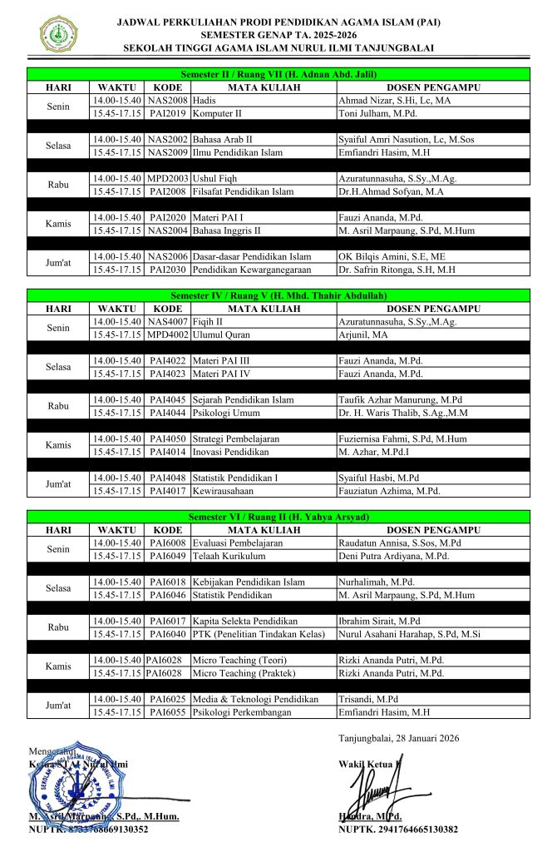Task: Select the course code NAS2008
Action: (x=167, y=100)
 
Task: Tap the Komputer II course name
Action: (x=217, y=112)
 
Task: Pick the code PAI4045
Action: (x=167, y=400)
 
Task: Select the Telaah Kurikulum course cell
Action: (x=229, y=555)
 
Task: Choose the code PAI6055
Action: (x=167, y=712)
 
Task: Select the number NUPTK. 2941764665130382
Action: (x=398, y=830)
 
